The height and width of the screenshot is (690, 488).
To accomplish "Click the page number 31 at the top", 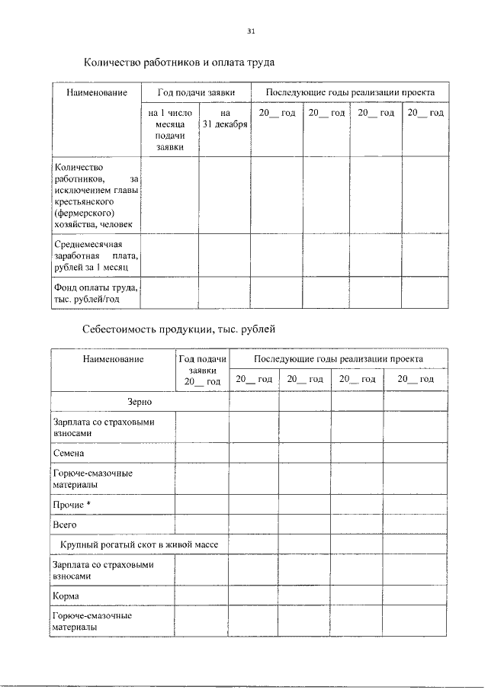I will pyautogui.click(x=251, y=31).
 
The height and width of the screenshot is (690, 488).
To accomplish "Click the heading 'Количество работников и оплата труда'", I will pyautogui.click(x=178, y=61).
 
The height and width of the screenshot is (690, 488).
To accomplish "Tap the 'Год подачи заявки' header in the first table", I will pyautogui.click(x=196, y=92).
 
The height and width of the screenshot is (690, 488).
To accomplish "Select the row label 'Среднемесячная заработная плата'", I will pyautogui.click(x=95, y=256).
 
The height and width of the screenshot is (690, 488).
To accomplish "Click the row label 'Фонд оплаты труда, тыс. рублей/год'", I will pyautogui.click(x=95, y=294).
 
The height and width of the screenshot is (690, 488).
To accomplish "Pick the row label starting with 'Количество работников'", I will pyautogui.click(x=95, y=195).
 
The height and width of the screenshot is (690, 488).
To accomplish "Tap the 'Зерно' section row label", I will pyautogui.click(x=140, y=400).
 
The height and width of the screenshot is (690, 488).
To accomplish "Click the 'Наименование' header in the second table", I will pyautogui.click(x=113, y=358).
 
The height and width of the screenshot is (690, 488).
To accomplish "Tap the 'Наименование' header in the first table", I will pyautogui.click(x=95, y=92).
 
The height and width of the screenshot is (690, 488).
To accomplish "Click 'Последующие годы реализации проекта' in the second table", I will pyautogui.click(x=339, y=358).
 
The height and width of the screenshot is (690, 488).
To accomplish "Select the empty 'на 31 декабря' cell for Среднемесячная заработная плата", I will pyautogui.click(x=224, y=256).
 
